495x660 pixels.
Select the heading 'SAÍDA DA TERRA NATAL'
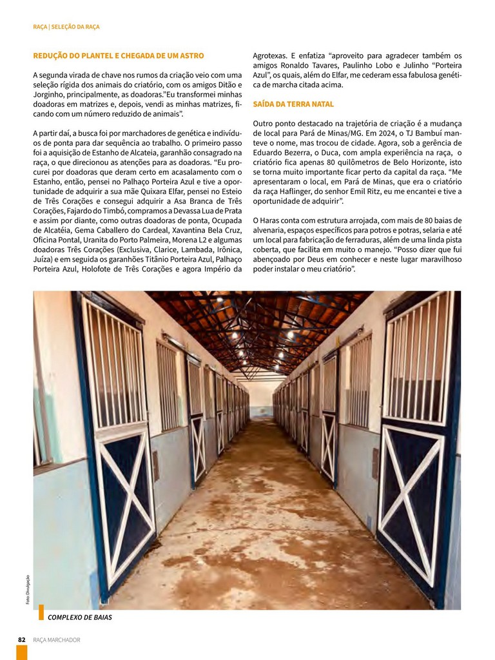(293, 104)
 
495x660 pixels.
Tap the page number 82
(21, 639)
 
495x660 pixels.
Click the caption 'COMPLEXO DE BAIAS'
(80, 617)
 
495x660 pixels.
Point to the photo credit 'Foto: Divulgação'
(28, 589)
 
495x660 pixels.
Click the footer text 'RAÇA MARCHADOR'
(57, 639)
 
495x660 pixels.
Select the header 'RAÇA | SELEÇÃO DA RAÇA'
(66, 27)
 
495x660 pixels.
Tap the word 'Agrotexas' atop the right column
(270, 55)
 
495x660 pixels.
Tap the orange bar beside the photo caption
(41, 612)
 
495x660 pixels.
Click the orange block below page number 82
(21, 652)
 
